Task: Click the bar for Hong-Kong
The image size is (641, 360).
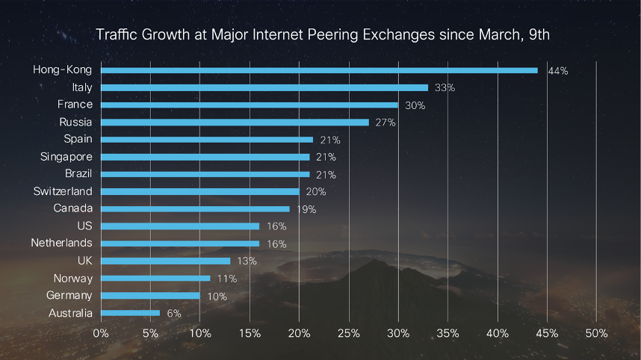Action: point(319,70)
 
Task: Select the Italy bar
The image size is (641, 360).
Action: point(264,87)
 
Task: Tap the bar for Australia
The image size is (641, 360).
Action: point(130,313)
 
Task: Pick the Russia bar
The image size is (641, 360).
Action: point(235,122)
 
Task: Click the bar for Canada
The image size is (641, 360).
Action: point(195,209)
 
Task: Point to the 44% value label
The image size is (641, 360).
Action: point(558,71)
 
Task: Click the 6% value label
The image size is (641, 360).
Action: point(174,314)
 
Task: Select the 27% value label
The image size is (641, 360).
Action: point(385,122)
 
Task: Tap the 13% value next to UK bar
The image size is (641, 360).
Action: point(247,261)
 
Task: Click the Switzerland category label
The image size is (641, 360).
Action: point(63,191)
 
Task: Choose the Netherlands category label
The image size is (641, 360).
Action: point(61,243)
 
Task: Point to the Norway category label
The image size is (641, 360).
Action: point(73,279)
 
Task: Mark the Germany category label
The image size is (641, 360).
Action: point(69,296)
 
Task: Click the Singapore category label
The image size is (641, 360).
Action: point(66,157)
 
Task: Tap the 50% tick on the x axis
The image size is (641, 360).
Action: point(596,333)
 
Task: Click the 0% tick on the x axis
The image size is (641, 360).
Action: point(101,333)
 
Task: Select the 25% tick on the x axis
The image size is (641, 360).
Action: point(348,333)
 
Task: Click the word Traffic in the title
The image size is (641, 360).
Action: point(116,34)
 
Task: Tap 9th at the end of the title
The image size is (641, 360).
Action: point(536,34)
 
